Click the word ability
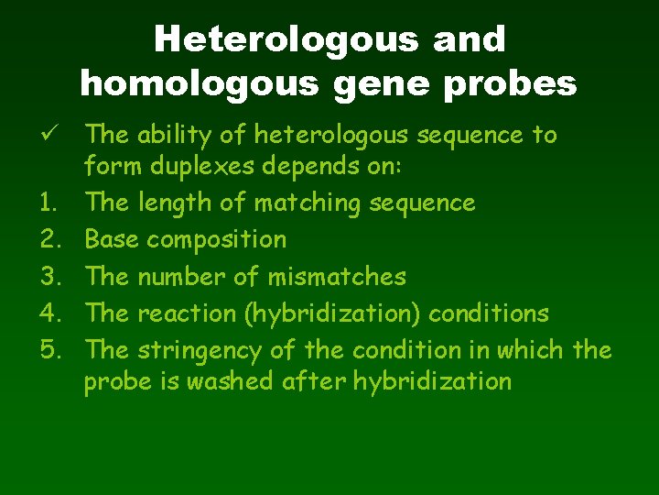coord(176,136)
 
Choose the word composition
coord(217,239)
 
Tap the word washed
coord(229,380)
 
